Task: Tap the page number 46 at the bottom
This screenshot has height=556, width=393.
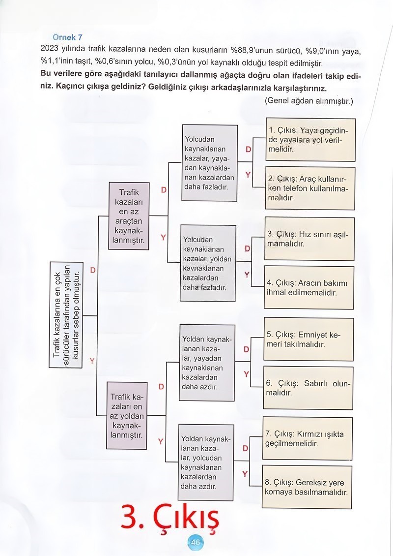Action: click(195, 543)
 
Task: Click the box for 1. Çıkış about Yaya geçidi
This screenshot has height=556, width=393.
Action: click(310, 140)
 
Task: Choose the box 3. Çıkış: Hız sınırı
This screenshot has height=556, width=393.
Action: click(309, 239)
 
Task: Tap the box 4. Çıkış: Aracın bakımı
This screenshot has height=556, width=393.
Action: click(309, 288)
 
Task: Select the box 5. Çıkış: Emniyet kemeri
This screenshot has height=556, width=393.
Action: click(309, 340)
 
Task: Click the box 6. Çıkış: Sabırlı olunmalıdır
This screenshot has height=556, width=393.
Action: click(309, 387)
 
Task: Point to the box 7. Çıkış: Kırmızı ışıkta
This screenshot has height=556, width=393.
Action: click(308, 438)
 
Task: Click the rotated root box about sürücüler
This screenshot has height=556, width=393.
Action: click(66, 314)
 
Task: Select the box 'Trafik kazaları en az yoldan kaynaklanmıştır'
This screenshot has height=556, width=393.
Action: click(127, 415)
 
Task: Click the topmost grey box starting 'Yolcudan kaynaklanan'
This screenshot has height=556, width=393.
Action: click(210, 163)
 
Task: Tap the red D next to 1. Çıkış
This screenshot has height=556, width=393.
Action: click(248, 149)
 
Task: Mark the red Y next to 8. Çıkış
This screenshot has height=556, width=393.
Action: click(245, 474)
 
